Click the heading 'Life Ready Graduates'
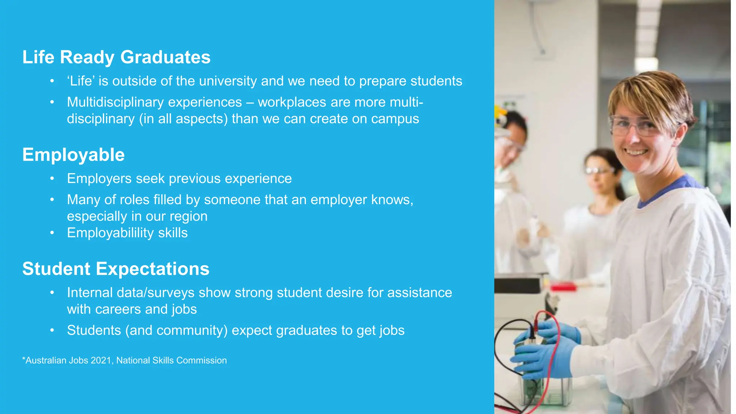[x=116, y=57]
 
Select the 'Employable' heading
[x=73, y=155]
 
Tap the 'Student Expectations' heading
[x=116, y=269]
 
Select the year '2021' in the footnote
[x=101, y=360]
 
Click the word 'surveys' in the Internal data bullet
[x=171, y=293]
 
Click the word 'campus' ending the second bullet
[x=395, y=119]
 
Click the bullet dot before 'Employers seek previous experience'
[x=52, y=179]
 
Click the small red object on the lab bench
[x=563, y=287]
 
